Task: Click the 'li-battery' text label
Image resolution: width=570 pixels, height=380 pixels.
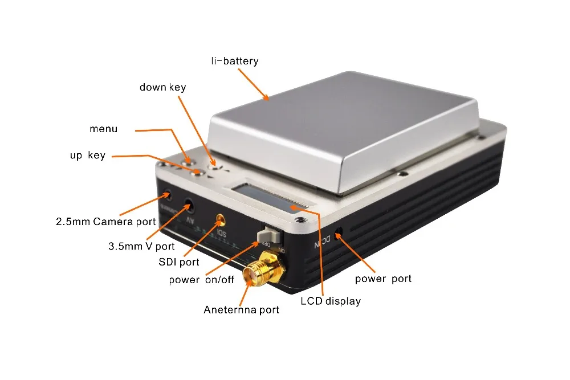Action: (x=234, y=61)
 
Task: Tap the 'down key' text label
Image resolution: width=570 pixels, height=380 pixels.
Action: (x=162, y=87)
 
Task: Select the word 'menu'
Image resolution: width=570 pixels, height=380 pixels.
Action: (x=103, y=129)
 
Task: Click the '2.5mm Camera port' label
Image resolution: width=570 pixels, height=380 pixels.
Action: (x=105, y=221)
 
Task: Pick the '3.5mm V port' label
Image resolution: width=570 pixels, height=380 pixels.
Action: (x=141, y=247)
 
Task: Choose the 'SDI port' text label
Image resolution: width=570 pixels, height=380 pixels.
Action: (x=178, y=262)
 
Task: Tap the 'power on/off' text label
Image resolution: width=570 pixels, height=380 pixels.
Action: (x=201, y=280)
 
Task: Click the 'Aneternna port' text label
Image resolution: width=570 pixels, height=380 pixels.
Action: (x=242, y=310)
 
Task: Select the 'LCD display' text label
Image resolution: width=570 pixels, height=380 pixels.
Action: (x=331, y=301)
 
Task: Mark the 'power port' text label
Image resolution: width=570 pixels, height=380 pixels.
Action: (x=383, y=279)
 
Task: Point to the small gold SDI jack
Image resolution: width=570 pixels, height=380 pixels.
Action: (x=220, y=219)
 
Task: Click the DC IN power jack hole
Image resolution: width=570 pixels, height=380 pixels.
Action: (x=339, y=234)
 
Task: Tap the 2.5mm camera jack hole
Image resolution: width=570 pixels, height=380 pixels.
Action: (x=167, y=194)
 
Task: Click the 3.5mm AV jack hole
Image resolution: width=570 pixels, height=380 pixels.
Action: (x=188, y=205)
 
